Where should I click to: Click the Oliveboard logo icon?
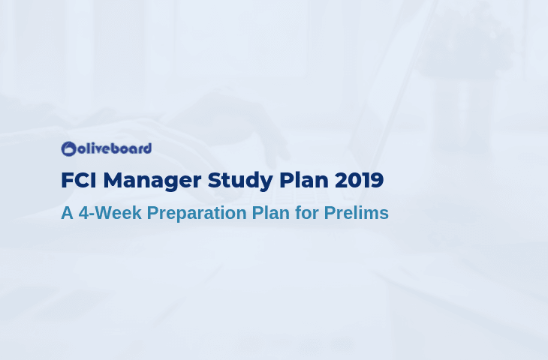(68, 148)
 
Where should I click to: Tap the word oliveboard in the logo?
(114, 148)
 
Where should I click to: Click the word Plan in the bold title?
(304, 180)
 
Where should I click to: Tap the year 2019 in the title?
(360, 180)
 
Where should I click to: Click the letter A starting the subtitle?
(67, 213)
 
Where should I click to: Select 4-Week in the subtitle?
(110, 213)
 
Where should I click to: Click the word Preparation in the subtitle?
(197, 214)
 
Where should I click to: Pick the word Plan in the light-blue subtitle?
(271, 213)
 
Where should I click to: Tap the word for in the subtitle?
(307, 213)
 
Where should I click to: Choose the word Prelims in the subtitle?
(357, 213)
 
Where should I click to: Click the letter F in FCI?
(67, 180)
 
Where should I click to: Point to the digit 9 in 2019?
(377, 180)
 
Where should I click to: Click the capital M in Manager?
(113, 180)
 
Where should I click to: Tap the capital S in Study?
(215, 180)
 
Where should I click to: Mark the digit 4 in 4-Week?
(83, 213)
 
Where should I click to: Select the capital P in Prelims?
(330, 213)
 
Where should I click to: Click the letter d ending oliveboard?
(147, 148)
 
